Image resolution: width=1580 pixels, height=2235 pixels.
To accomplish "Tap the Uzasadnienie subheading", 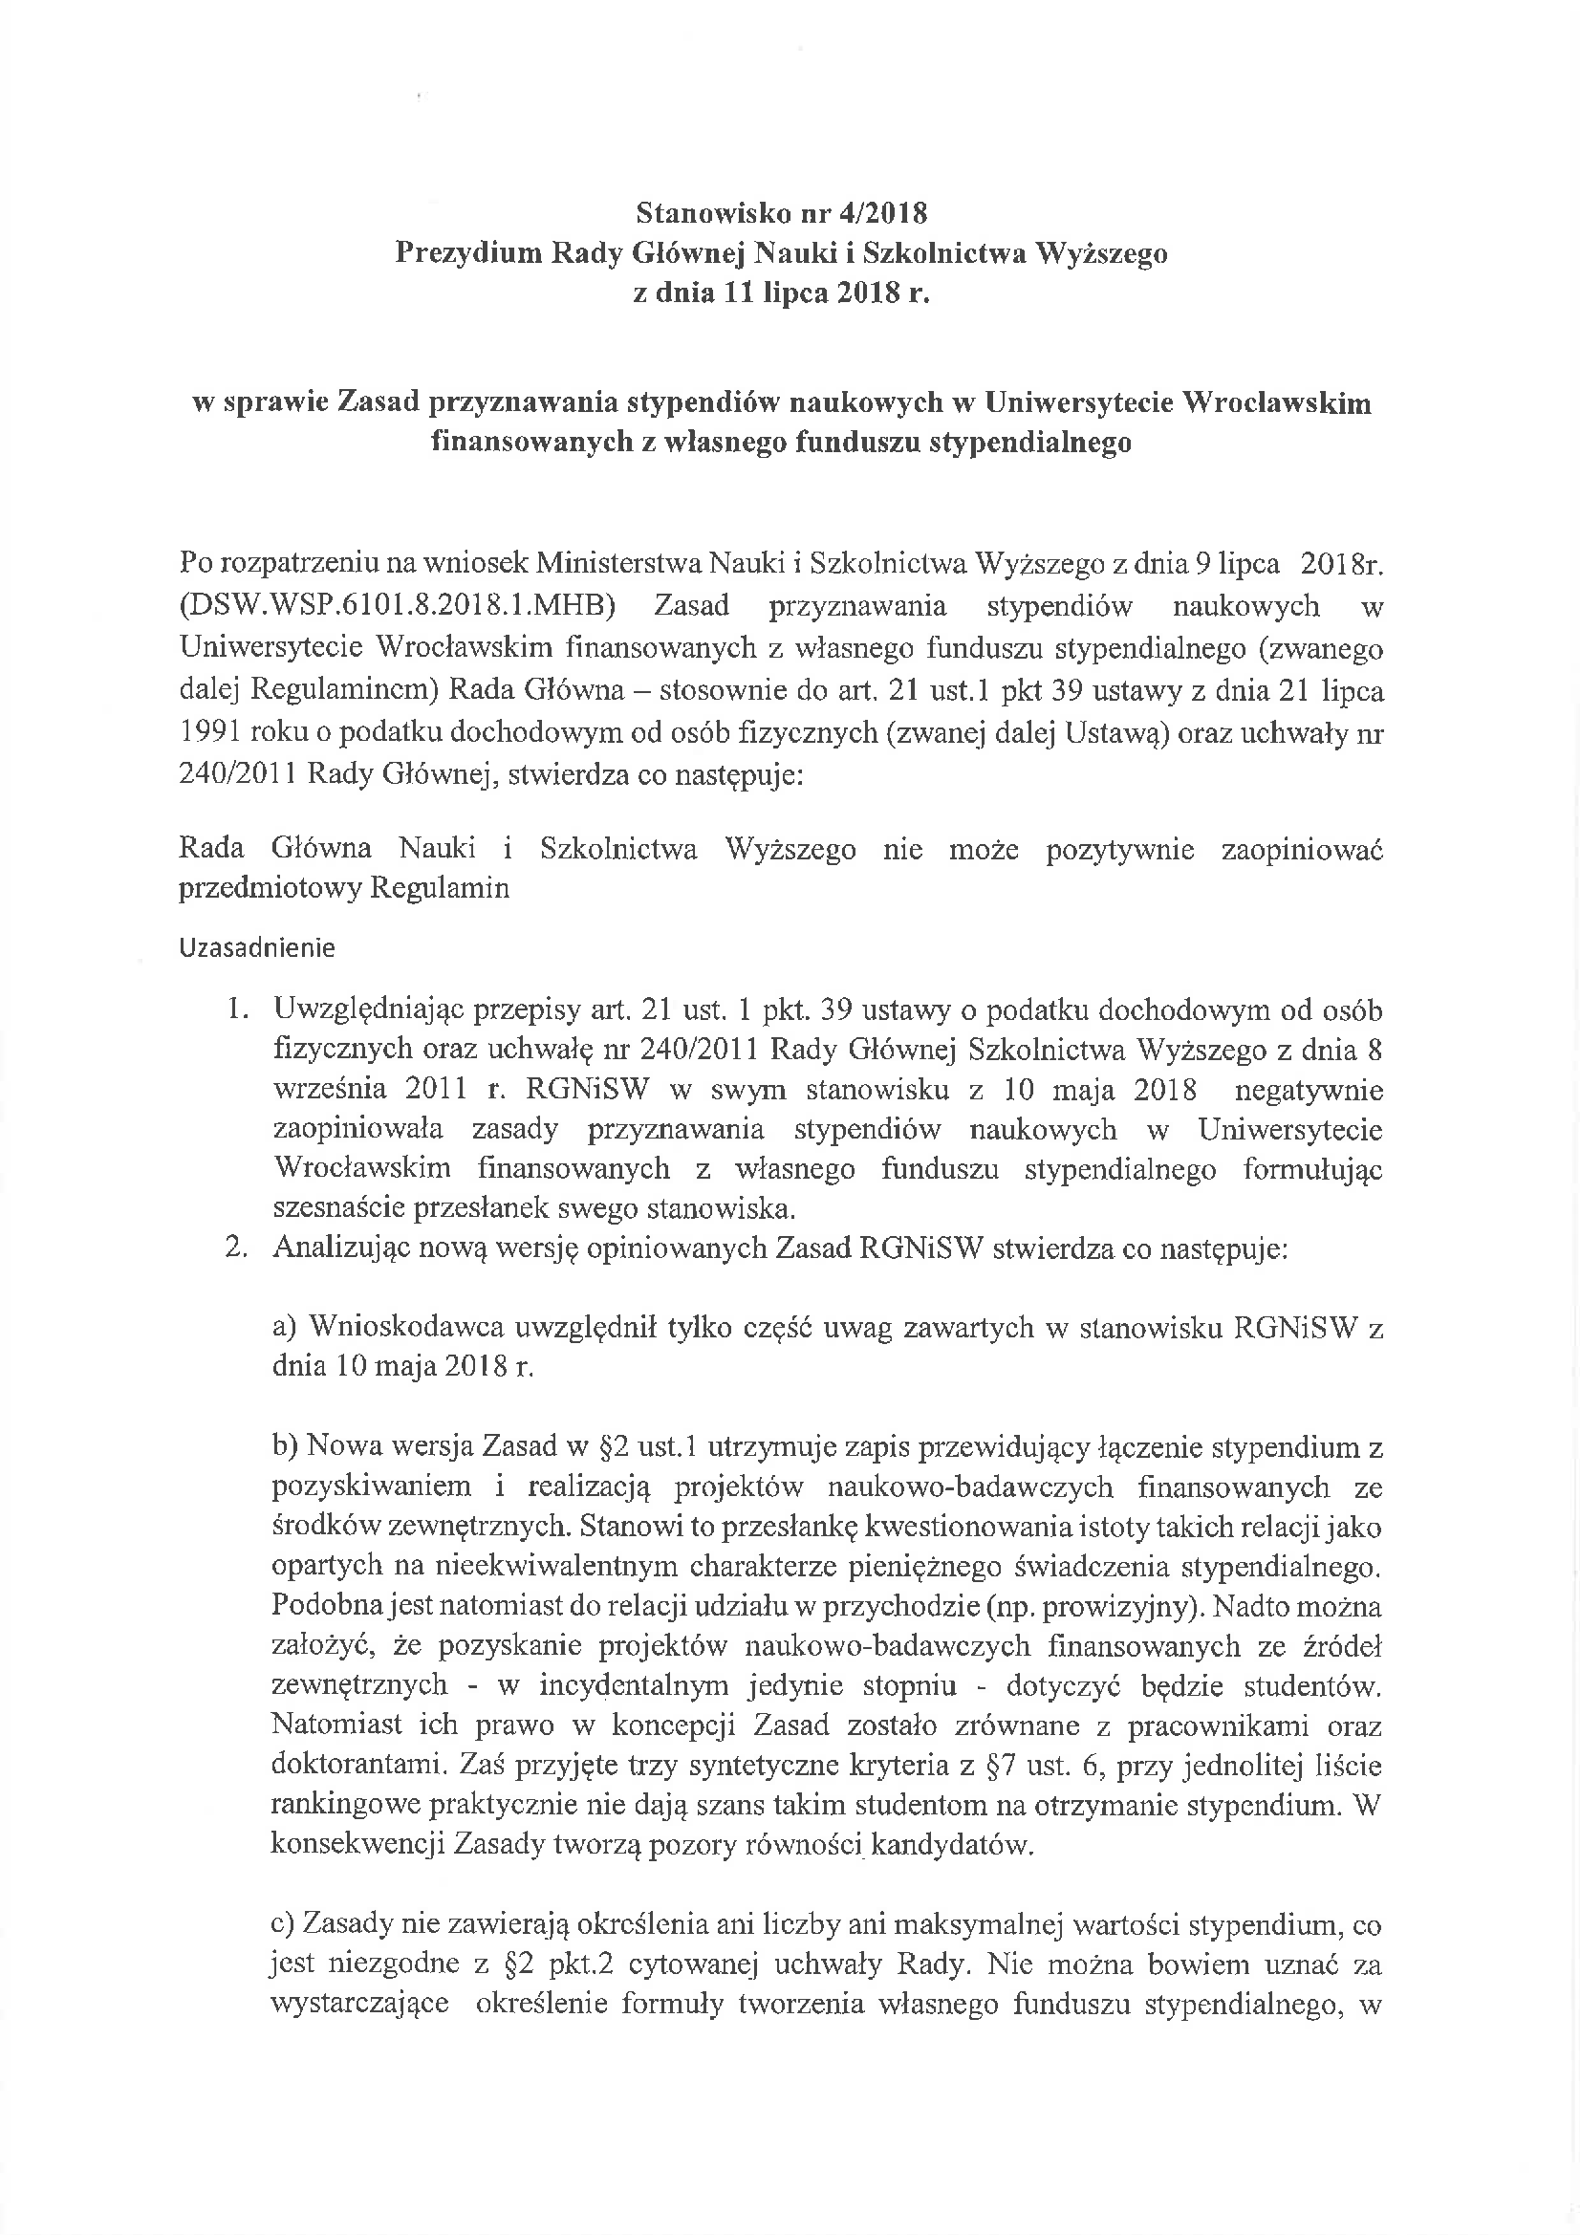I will point(257,948).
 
